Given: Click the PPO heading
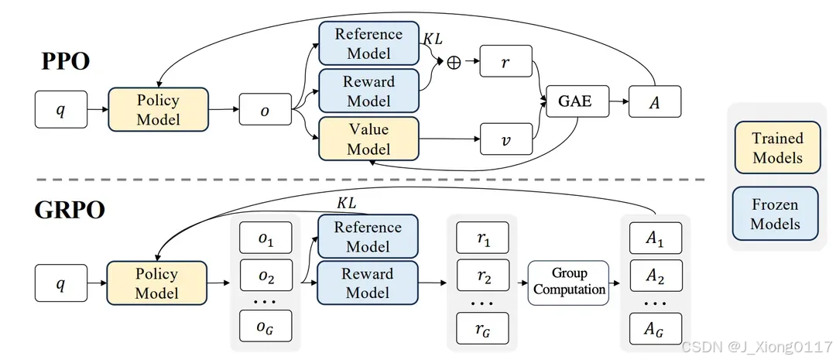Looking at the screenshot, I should [x=65, y=62].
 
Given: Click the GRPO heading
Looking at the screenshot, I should [x=70, y=210].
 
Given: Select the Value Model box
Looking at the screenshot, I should [x=368, y=139].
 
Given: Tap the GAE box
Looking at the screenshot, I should [x=575, y=101].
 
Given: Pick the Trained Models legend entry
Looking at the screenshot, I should [x=777, y=148].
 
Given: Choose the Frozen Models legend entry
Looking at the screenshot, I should [x=776, y=214].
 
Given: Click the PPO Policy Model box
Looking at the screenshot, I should [x=158, y=109].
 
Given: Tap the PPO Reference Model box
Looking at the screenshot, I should [x=368, y=44].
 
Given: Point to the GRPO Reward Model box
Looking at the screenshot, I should [x=368, y=283].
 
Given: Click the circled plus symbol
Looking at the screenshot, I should [x=454, y=63].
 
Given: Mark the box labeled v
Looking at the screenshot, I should [x=505, y=139].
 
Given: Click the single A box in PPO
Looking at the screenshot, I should [x=655, y=101].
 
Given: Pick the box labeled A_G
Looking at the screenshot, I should [x=655, y=327].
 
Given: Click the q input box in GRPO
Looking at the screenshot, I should [x=60, y=283].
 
